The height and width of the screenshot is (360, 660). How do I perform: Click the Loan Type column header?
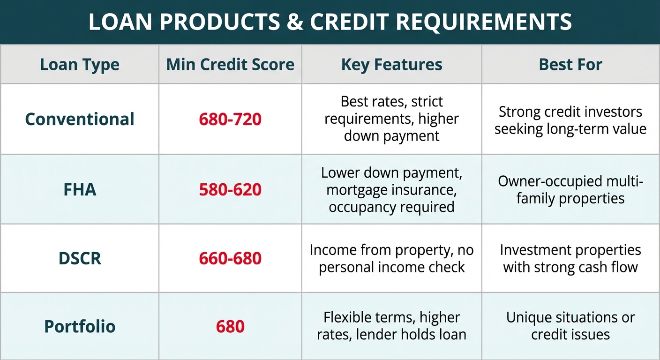tap(80, 65)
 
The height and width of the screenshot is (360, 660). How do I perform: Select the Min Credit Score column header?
tap(230, 65)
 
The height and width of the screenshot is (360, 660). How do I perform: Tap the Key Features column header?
tap(391, 65)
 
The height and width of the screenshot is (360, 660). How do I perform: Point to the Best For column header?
tap(570, 65)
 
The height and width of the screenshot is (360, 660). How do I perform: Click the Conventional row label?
tap(80, 119)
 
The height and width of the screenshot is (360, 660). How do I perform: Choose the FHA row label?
tap(80, 189)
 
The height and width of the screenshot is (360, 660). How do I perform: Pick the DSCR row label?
tap(80, 258)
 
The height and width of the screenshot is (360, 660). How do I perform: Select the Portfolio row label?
tap(80, 326)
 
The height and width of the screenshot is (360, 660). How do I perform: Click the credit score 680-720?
tap(230, 120)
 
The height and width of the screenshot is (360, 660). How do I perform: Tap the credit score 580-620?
tap(230, 190)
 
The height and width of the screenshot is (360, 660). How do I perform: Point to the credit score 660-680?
tap(230, 259)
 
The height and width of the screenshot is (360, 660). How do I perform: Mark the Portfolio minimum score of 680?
tap(230, 327)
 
